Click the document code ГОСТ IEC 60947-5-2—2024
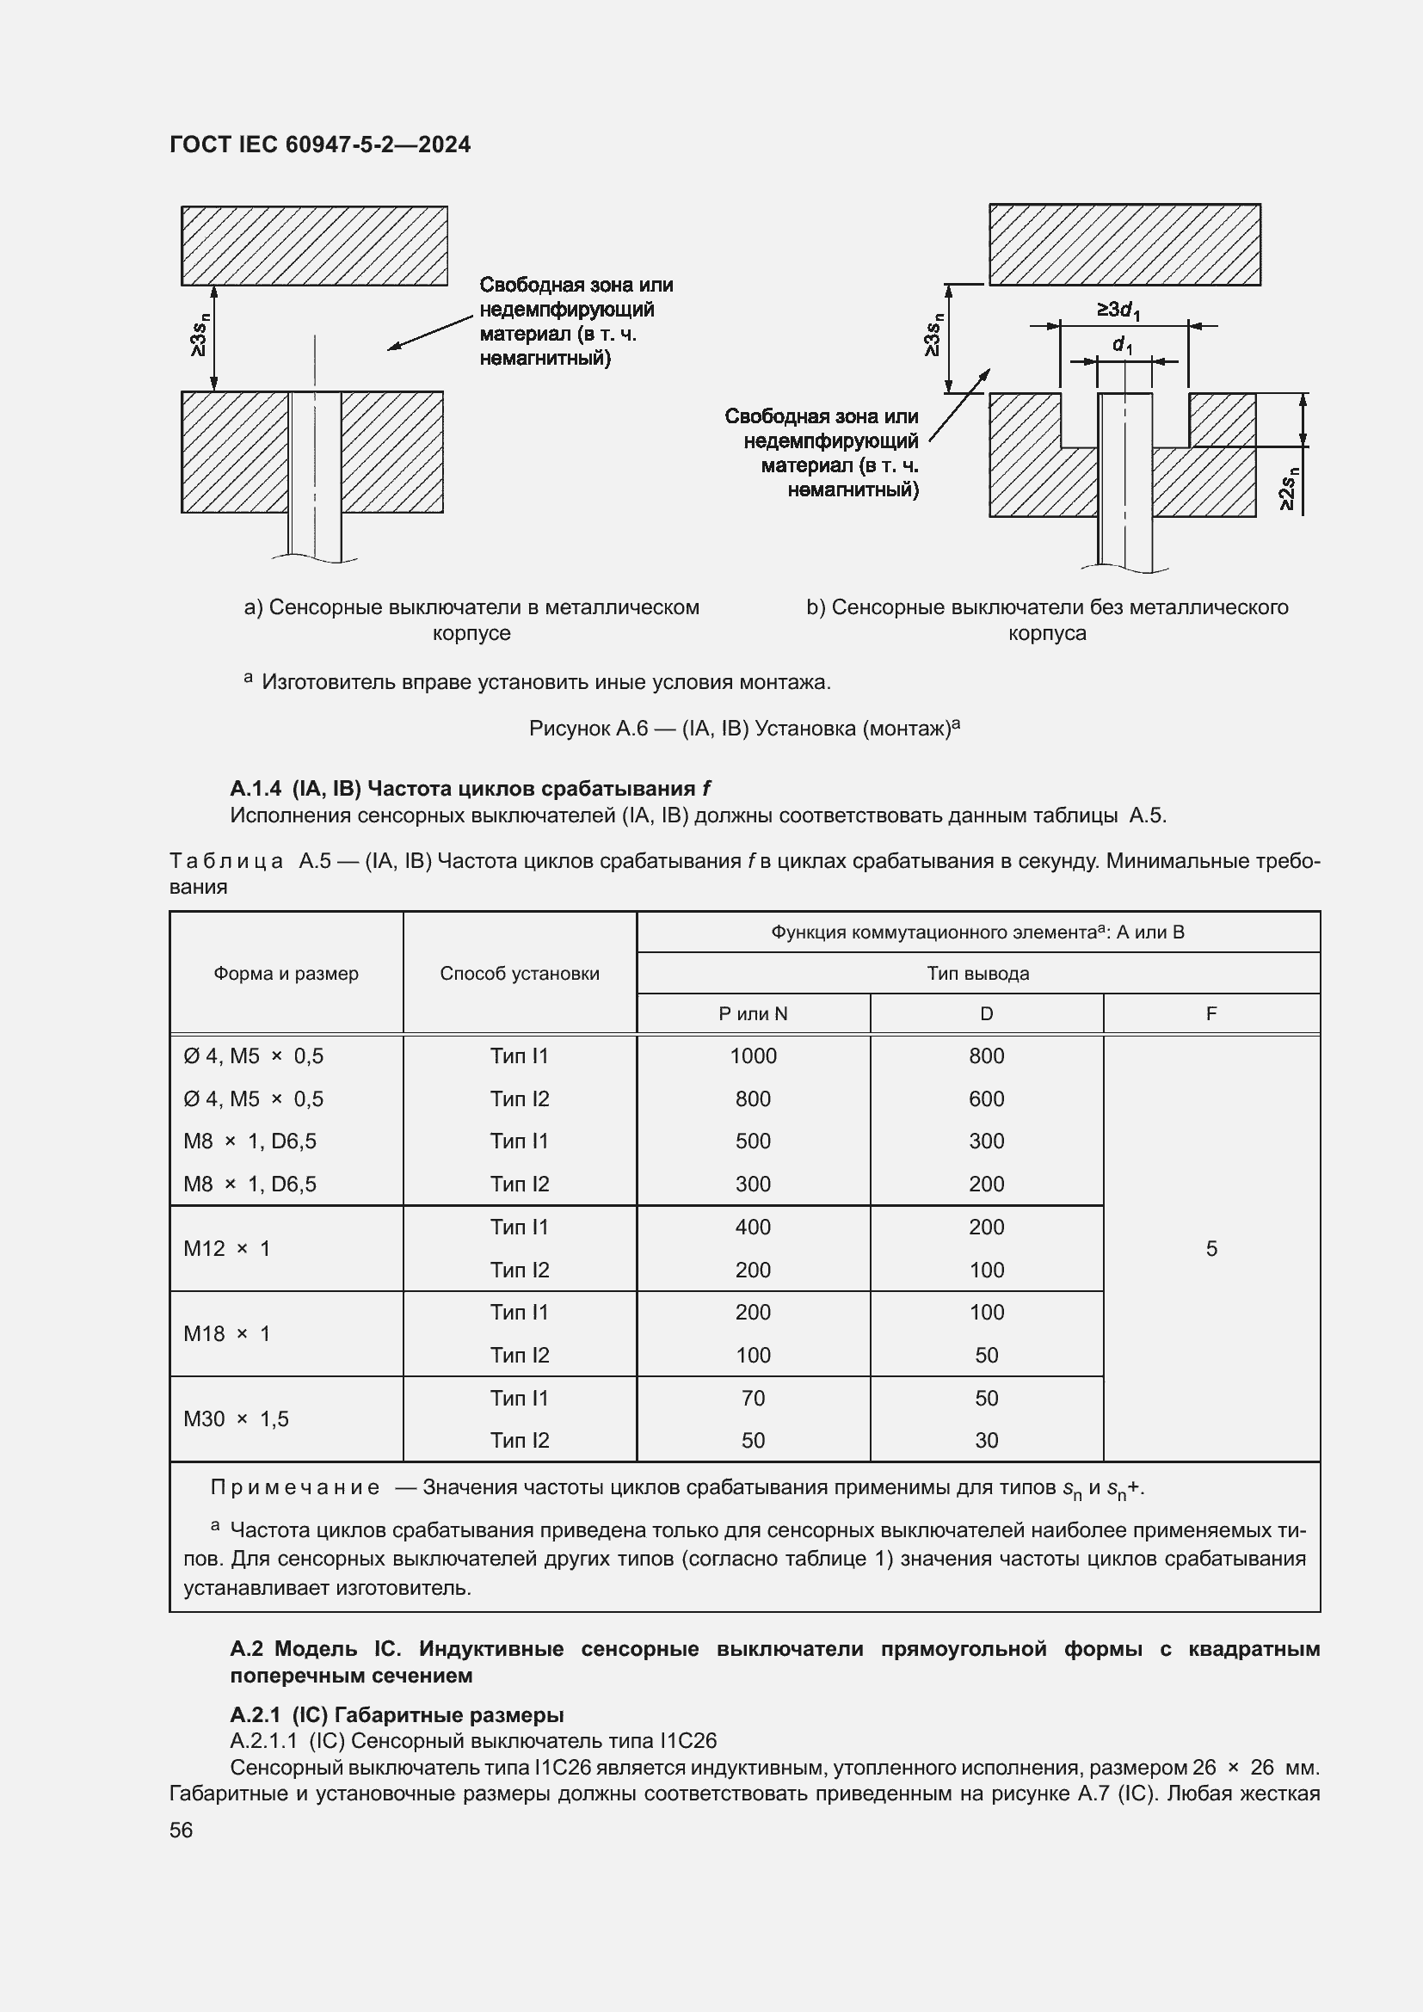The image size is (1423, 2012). [320, 145]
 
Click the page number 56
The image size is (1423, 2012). [182, 1830]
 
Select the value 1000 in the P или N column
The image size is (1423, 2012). [753, 1056]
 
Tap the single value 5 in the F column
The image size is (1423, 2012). [1211, 1248]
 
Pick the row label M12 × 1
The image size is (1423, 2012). [227, 1248]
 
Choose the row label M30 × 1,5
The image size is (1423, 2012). [236, 1418]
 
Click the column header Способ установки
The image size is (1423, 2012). [520, 973]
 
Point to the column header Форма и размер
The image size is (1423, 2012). [286, 973]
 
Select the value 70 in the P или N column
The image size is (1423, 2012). [753, 1398]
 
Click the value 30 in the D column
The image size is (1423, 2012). [986, 1440]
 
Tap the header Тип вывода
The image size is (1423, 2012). [978, 973]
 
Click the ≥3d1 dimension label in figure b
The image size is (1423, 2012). [1118, 311]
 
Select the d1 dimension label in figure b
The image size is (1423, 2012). [1123, 345]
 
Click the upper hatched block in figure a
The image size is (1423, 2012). [314, 245]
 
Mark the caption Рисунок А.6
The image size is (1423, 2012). [744, 729]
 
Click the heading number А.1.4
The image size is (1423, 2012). [255, 788]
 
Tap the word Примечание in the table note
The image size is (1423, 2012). [295, 1487]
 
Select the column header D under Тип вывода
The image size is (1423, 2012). [986, 1014]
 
